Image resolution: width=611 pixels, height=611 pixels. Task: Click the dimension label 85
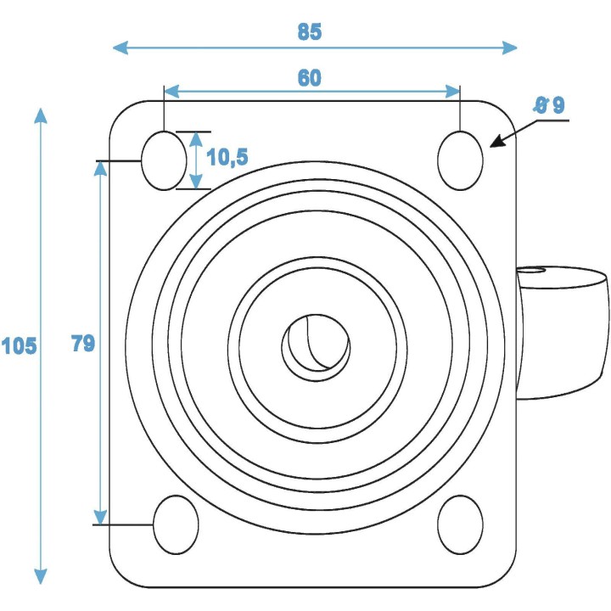tap(310, 32)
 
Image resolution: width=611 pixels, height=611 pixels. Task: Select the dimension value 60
tap(310, 77)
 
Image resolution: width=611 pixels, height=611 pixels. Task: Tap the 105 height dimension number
tap(19, 346)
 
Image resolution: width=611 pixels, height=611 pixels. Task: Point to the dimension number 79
tap(82, 343)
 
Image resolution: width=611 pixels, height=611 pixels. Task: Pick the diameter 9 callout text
tap(548, 105)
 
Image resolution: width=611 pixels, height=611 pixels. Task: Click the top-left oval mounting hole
tap(163, 160)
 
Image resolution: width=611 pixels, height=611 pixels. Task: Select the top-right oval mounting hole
tap(461, 160)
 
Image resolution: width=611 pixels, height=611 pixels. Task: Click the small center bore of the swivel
tap(316, 343)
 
